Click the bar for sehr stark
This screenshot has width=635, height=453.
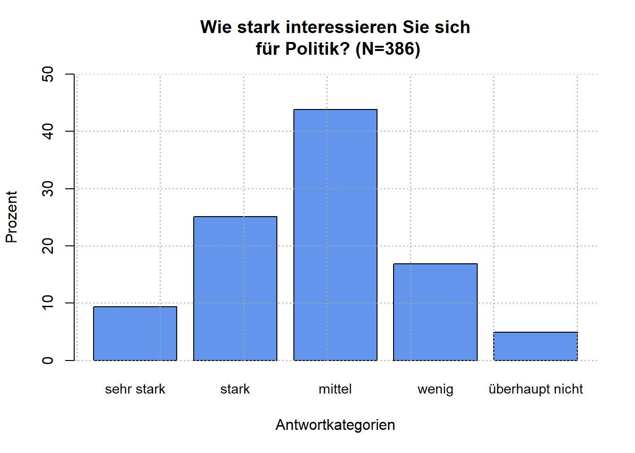click(x=135, y=334)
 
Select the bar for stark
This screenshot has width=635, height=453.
click(x=235, y=288)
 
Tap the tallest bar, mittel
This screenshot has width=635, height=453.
click(x=335, y=235)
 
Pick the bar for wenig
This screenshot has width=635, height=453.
click(x=435, y=312)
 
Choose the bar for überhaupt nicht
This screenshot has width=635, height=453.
click(x=535, y=346)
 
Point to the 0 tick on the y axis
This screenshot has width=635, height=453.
click(x=48, y=361)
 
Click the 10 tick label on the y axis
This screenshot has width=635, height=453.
click(x=48, y=303)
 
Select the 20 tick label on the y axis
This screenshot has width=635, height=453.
click(x=48, y=246)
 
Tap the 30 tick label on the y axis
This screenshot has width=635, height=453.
click(x=48, y=189)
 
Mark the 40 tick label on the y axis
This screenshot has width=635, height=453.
click(x=48, y=131)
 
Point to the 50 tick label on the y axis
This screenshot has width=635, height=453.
click(x=48, y=74)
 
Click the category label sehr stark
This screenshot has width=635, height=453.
click(x=135, y=389)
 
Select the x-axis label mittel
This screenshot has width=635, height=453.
click(x=335, y=389)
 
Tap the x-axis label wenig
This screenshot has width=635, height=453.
click(x=435, y=390)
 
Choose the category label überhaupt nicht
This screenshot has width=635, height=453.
click(x=536, y=389)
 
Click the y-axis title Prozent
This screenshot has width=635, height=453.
click(x=11, y=217)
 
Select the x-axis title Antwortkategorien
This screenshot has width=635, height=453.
click(x=335, y=425)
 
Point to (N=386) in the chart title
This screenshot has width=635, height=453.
click(x=387, y=49)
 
